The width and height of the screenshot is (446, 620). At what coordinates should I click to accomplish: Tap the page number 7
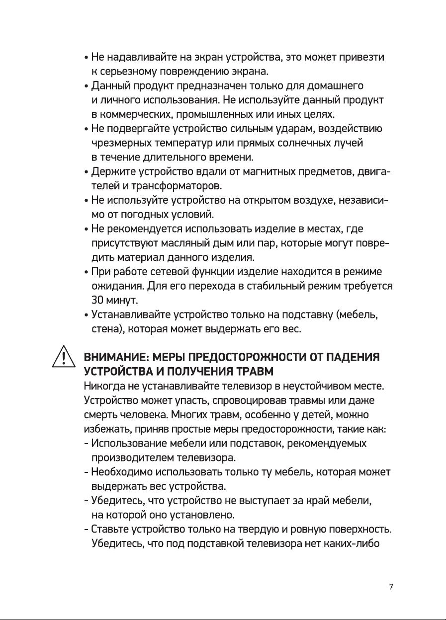coord(391,587)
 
